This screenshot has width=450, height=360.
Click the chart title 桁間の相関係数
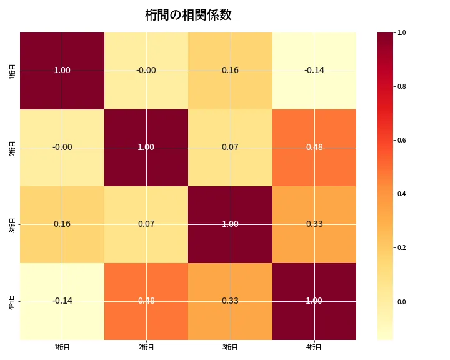[188, 15]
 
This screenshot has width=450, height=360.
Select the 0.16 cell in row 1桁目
[230, 70]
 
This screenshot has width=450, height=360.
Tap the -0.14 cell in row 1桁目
[314, 70]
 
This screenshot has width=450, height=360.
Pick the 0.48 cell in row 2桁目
[314, 147]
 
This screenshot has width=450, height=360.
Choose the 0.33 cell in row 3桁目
[314, 224]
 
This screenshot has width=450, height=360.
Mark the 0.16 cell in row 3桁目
[62, 224]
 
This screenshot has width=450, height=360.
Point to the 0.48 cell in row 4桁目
[146, 301]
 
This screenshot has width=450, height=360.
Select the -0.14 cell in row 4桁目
[62, 301]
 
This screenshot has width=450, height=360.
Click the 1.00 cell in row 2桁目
[146, 147]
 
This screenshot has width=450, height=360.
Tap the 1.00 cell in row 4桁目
[314, 301]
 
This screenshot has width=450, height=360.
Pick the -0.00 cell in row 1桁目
[146, 70]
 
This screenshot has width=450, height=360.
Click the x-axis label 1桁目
[62, 347]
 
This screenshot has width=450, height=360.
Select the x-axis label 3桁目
[230, 347]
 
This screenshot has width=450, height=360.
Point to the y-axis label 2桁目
[12, 147]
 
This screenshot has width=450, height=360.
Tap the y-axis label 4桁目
[12, 301]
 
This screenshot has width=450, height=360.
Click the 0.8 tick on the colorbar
[402, 86]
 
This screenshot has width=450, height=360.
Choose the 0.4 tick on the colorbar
[402, 194]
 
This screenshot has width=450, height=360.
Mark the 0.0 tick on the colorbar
[402, 302]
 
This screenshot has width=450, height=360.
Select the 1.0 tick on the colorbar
[402, 32]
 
